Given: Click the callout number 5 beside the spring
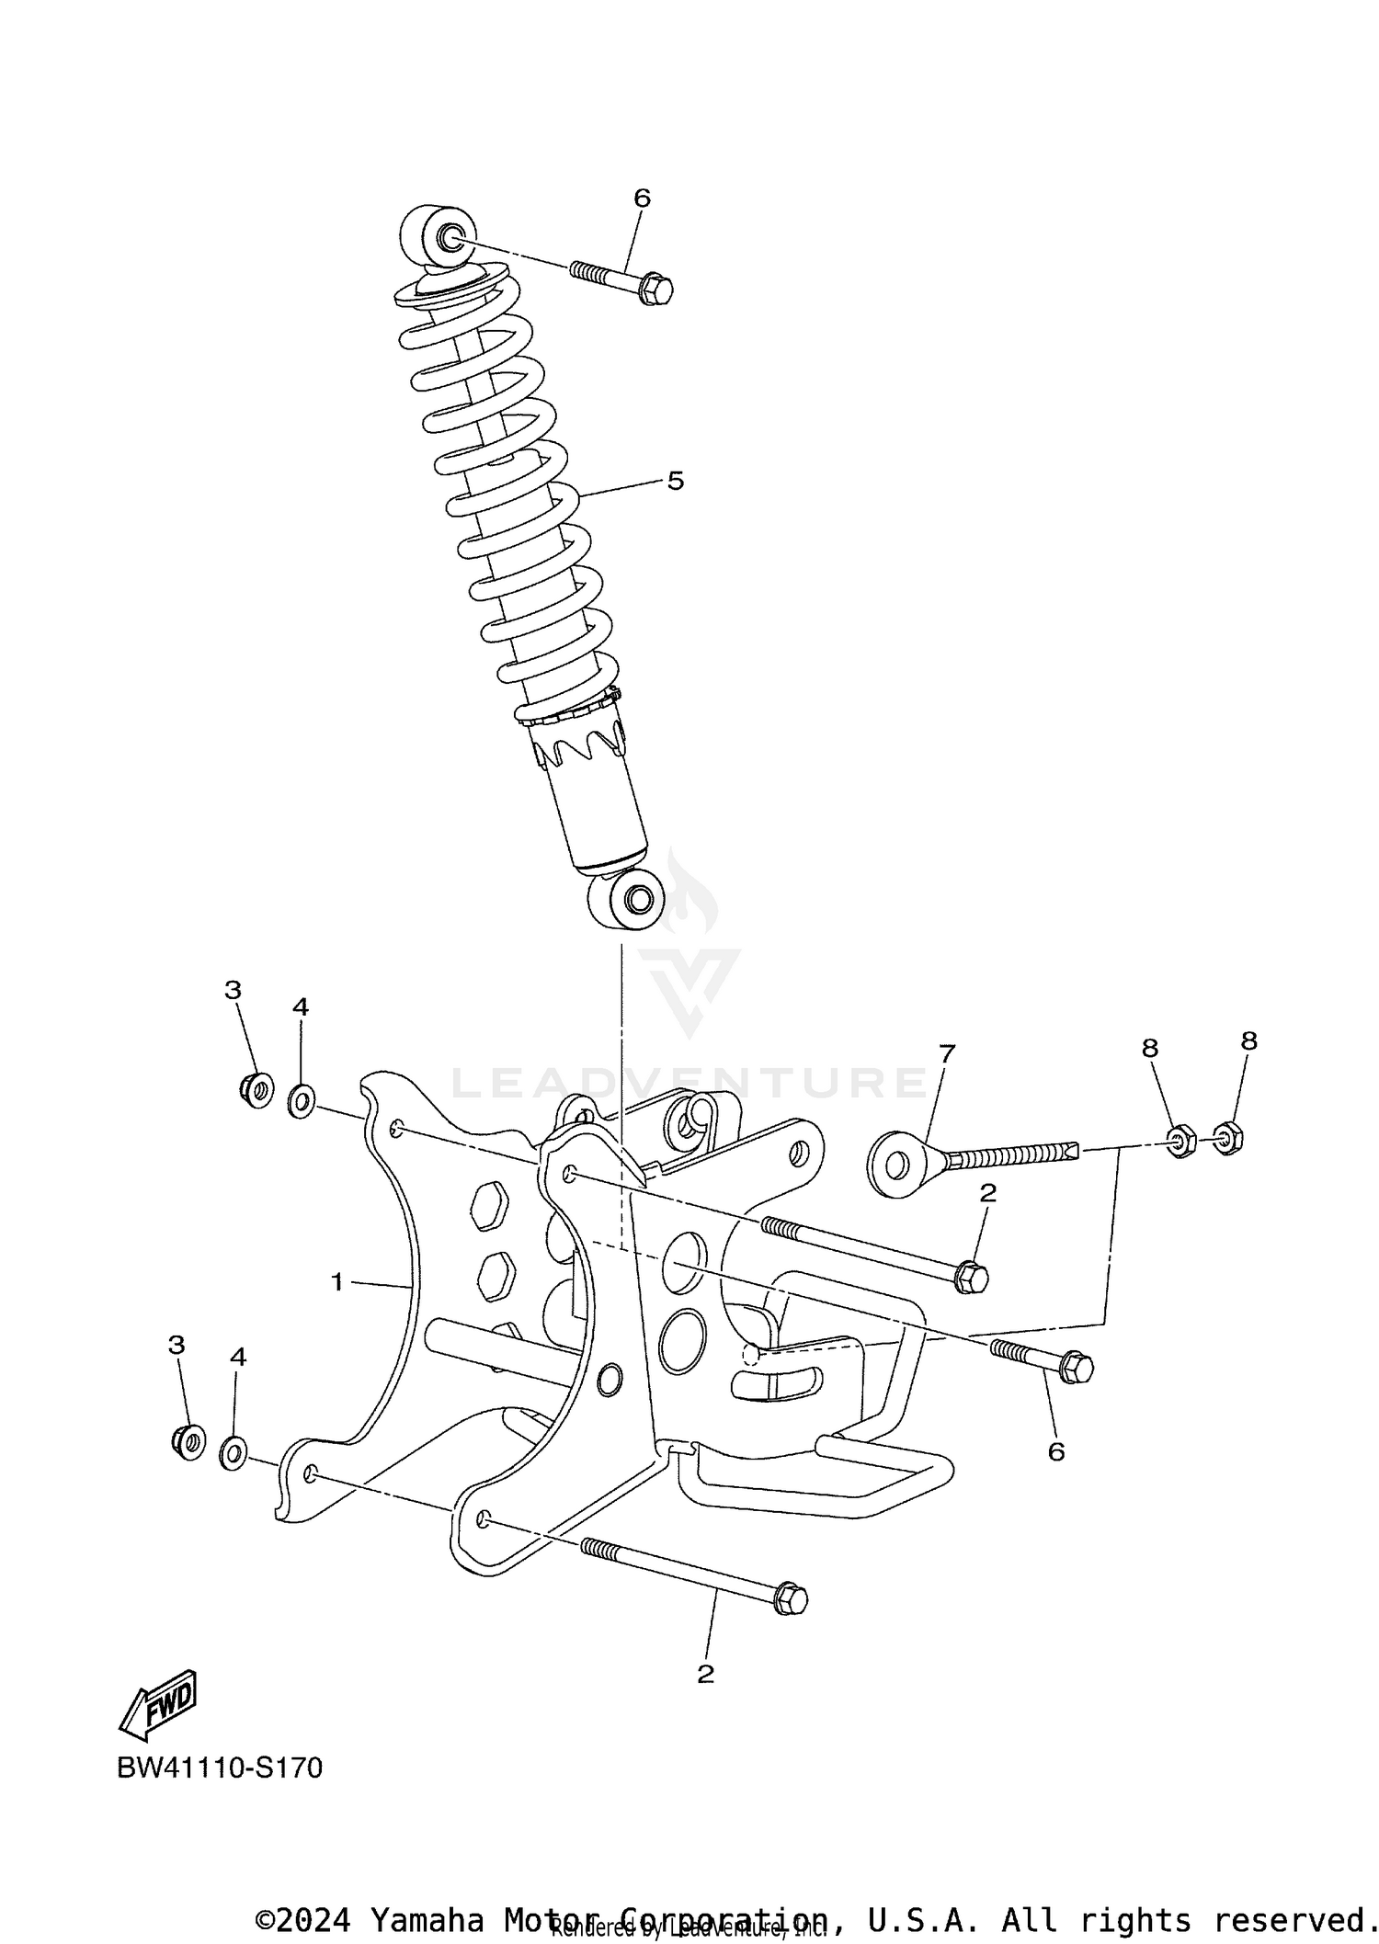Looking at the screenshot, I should tap(676, 481).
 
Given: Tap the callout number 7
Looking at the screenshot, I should tap(947, 1052).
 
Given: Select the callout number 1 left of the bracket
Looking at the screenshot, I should tap(337, 1281).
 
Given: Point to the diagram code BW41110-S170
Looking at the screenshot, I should tap(220, 1768).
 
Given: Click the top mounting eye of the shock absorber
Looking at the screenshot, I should tap(441, 235).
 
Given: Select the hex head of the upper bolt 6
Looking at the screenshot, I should tap(655, 290).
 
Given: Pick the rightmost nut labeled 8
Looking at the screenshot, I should tap(1227, 1138).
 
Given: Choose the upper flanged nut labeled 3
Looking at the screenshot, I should tap(256, 1091).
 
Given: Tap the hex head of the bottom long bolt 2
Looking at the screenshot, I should tap(791, 1599).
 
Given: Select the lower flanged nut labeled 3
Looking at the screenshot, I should tap(189, 1441).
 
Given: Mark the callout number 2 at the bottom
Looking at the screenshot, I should tap(705, 1674).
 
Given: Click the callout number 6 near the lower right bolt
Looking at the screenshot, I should tap(1056, 1451).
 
